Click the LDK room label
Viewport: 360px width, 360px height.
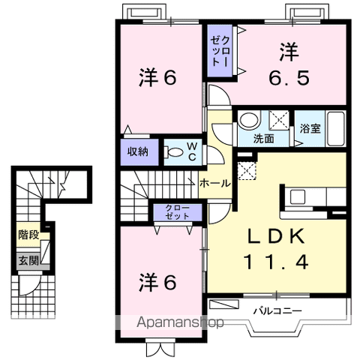pyautogui.click(x=276, y=238)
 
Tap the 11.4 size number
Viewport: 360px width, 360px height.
pyautogui.click(x=276, y=262)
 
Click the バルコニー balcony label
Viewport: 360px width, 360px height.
pyautogui.click(x=277, y=309)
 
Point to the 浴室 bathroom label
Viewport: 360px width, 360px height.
pyautogui.click(x=310, y=127)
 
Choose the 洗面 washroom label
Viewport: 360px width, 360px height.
pyautogui.click(x=263, y=139)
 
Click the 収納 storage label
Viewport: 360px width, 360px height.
pyautogui.click(x=137, y=151)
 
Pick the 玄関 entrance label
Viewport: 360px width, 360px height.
pyautogui.click(x=28, y=260)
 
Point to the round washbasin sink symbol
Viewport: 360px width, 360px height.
pyautogui.click(x=248, y=120)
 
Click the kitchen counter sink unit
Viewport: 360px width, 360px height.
pyautogui.click(x=297, y=198)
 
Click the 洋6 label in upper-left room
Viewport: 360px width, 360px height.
pyautogui.click(x=157, y=77)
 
